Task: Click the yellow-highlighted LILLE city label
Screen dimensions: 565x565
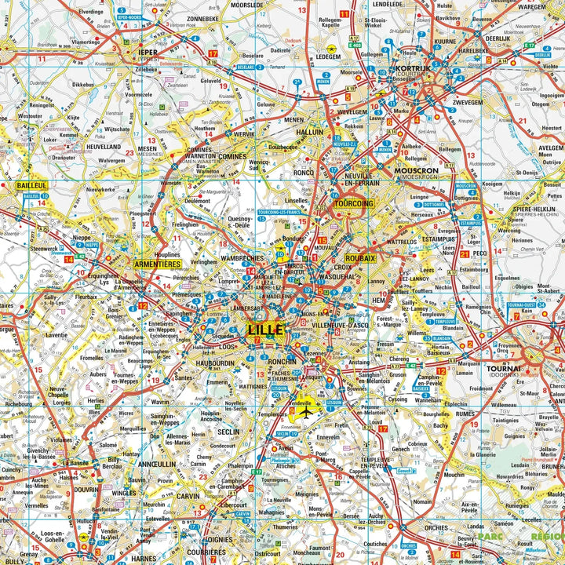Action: tap(265, 330)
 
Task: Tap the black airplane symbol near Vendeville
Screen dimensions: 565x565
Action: tap(306, 411)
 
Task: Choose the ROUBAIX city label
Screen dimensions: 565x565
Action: tap(360, 257)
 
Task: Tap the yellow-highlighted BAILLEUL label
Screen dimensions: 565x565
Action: tap(31, 185)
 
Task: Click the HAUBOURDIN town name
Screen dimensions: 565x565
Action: tap(214, 363)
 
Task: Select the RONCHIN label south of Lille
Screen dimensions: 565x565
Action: tap(282, 362)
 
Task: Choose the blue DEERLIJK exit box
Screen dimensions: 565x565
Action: tap(542, 55)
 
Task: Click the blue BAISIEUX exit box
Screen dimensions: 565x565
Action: tap(421, 388)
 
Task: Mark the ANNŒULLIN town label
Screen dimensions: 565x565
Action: tap(156, 463)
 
